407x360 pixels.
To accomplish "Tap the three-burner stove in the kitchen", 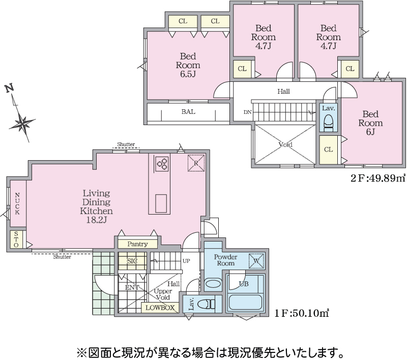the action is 162,164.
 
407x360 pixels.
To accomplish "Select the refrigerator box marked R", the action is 196,163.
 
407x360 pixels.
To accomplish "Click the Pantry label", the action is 137,244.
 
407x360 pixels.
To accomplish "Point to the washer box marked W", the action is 256,261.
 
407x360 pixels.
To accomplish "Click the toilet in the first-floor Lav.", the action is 207,304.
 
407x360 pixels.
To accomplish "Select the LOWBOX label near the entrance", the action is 160,308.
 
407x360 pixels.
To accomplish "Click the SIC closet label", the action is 132,261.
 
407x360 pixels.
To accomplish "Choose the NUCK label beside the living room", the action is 17,203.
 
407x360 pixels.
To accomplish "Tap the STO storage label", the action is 16,239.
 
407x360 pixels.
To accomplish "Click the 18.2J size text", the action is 96,220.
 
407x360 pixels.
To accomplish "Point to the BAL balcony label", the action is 188,112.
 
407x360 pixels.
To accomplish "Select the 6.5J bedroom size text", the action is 188,74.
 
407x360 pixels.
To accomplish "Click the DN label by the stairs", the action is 248,112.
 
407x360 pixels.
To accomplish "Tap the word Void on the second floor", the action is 285,144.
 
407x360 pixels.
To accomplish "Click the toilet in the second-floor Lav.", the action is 329,123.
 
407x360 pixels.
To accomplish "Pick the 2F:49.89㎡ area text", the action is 378,178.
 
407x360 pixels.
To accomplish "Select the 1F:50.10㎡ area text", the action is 302,313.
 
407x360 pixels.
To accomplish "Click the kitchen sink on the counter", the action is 161,203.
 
